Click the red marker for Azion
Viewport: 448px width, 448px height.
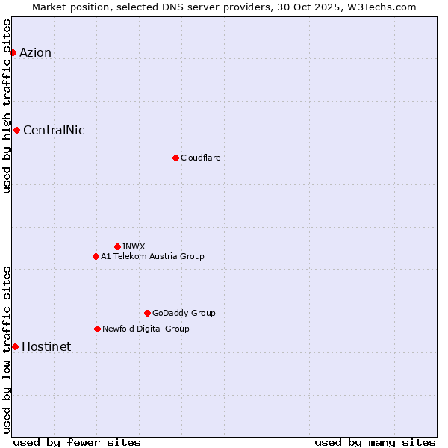point(13,52)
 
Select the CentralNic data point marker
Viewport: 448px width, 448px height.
point(16,131)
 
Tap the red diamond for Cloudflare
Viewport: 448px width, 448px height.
point(175,158)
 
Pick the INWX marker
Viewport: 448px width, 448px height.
point(117,246)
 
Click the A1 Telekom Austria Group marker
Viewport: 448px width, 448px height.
point(96,256)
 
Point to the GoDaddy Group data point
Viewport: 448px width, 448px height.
point(147,313)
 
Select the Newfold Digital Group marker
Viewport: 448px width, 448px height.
point(97,329)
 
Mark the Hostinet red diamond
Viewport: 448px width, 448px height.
point(15,346)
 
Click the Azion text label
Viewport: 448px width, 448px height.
point(35,52)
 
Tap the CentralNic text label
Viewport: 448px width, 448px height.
point(54,131)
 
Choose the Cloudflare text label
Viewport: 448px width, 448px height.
point(200,158)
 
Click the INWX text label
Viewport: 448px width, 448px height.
point(134,246)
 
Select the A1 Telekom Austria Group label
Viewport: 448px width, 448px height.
point(152,256)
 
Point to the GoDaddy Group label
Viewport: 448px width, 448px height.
point(184,313)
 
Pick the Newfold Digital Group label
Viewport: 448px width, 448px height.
point(146,329)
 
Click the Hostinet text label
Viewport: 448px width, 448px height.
point(46,346)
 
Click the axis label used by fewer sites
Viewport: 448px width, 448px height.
point(77,442)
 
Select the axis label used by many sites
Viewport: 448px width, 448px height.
point(375,442)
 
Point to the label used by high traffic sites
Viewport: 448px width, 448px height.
point(7,106)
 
